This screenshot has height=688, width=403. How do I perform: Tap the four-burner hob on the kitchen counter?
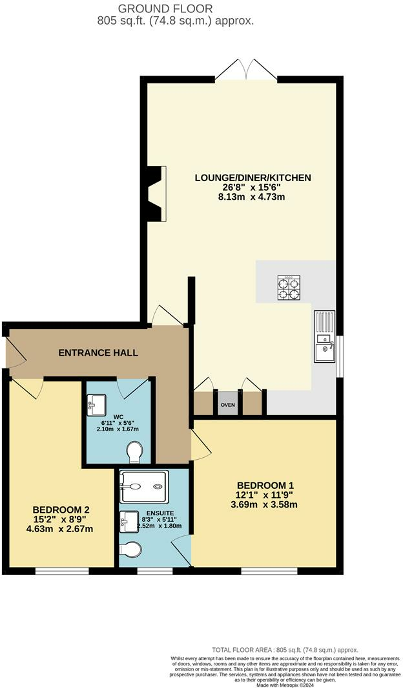click(x=289, y=288)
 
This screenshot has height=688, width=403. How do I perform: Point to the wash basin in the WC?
click(x=95, y=407)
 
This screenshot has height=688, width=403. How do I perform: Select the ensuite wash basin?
click(x=126, y=521)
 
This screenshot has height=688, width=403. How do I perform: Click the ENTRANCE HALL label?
click(x=98, y=353)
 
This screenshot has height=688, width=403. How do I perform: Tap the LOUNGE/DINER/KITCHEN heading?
click(x=253, y=177)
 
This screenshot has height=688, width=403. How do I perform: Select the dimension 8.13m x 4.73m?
click(x=253, y=198)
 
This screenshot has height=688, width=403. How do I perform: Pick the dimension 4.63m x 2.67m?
click(x=56, y=529)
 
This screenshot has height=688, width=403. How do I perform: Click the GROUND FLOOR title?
click(x=170, y=9)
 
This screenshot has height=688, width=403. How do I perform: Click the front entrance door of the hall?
click(x=8, y=352)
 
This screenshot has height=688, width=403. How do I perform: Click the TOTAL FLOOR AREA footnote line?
click(x=285, y=649)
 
